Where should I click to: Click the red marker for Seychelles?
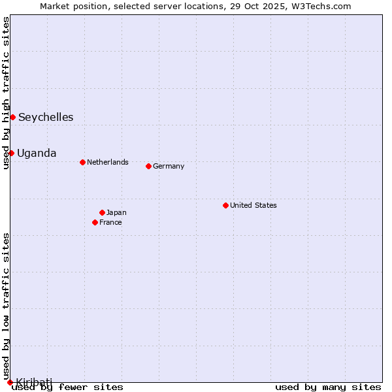[12, 117]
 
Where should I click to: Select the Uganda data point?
[11, 153]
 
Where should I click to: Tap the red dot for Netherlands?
[82, 162]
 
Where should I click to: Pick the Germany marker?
[148, 166]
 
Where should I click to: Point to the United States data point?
[225, 205]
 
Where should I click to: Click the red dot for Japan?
[102, 212]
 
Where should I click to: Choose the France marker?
[95, 222]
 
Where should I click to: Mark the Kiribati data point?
[10, 382]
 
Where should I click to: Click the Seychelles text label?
[46, 118]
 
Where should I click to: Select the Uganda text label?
[37, 154]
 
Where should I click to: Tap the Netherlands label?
[107, 162]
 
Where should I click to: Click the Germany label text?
[169, 166]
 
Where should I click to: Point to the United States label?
[253, 205]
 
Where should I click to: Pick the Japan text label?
[116, 212]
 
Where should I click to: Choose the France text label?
[110, 222]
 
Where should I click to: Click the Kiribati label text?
[34, 382]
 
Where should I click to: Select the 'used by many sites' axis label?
[328, 387]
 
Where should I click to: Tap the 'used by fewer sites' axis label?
[68, 387]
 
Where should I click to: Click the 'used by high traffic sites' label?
[6, 93]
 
